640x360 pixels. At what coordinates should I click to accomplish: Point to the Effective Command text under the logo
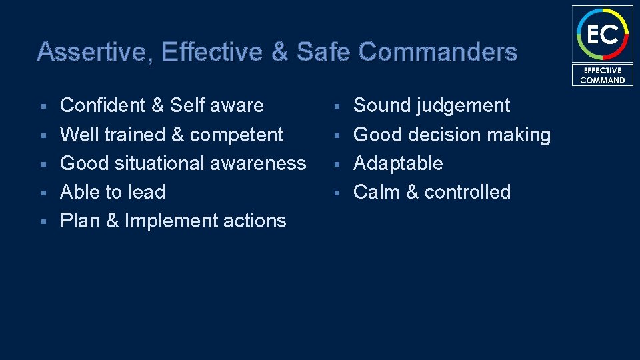[x=603, y=75]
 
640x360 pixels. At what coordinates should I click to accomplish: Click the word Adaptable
[x=398, y=163]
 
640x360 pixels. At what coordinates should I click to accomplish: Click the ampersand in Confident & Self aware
[x=158, y=105]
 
